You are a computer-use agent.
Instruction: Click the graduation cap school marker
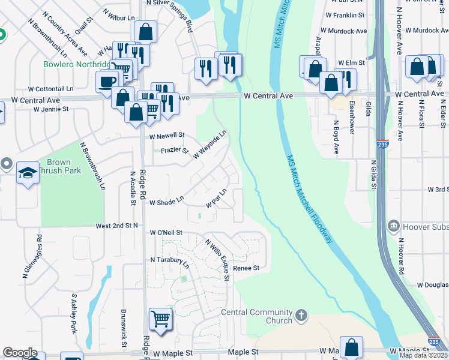coord(28,173)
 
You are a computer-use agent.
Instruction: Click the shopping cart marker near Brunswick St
coord(160,319)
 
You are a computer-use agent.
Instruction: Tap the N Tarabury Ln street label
coord(170,262)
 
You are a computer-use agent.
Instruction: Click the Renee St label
coord(246,268)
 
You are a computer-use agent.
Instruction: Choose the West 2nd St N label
coord(116,226)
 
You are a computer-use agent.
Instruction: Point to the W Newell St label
coord(167,136)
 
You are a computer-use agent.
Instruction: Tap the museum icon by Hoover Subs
coord(393,225)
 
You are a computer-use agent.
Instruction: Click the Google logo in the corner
coord(20,353)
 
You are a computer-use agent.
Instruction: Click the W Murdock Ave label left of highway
coord(346,30)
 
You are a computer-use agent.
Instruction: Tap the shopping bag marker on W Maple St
coord(351,346)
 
